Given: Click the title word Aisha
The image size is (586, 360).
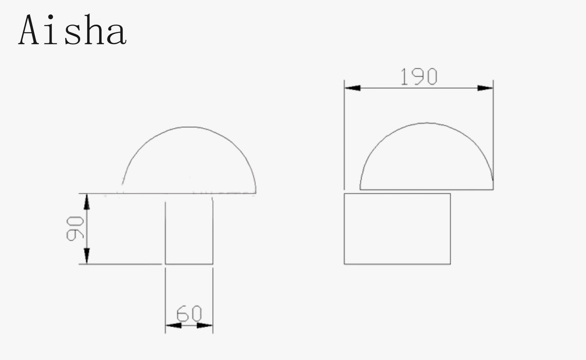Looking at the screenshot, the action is [72, 29].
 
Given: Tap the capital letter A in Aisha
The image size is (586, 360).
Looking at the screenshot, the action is [29, 29].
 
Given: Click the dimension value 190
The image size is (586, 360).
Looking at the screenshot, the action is [419, 76].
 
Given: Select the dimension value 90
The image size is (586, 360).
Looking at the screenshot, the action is [75, 229].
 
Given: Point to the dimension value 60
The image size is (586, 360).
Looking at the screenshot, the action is [189, 314].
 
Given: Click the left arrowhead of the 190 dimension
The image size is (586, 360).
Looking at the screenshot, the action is [352, 88].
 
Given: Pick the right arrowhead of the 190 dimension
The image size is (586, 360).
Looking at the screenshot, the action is [485, 88].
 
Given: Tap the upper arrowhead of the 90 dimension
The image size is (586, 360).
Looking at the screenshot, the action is [87, 202].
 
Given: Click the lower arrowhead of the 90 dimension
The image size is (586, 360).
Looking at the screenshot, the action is [87, 256].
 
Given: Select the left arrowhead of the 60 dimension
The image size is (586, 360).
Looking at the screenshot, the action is [173, 326].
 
